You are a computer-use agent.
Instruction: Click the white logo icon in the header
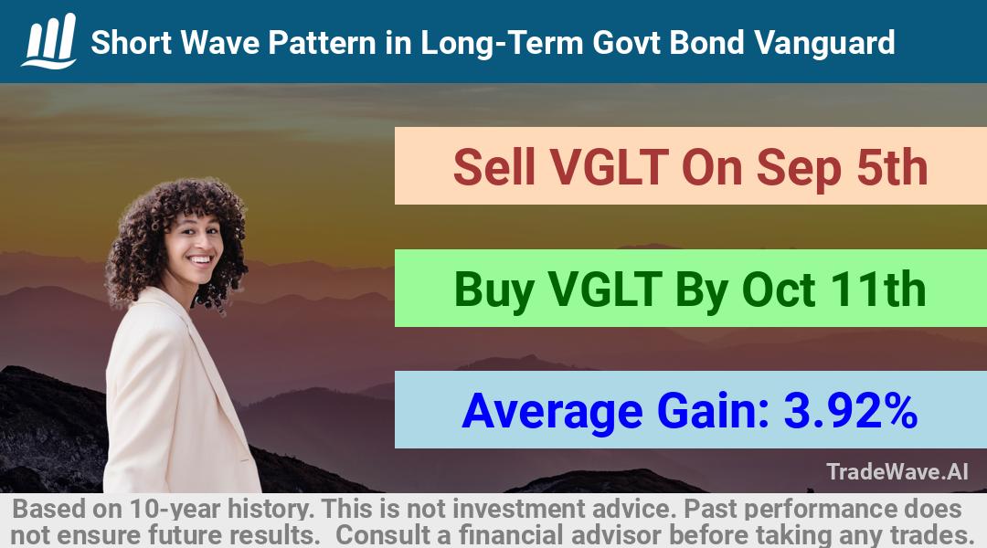(x=49, y=41)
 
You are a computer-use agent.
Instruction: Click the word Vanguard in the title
(x=824, y=43)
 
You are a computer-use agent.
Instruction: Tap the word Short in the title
(x=131, y=43)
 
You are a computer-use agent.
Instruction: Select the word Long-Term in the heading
(x=502, y=43)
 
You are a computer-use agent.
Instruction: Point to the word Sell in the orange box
(x=494, y=167)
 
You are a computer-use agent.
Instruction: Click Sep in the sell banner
(x=798, y=169)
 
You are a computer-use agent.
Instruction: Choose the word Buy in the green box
(x=494, y=290)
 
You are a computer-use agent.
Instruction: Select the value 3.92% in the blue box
(x=850, y=411)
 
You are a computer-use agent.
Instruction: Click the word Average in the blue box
(x=552, y=413)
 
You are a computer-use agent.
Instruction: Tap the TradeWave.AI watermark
(x=897, y=471)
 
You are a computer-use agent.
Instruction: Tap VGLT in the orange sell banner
(x=609, y=167)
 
